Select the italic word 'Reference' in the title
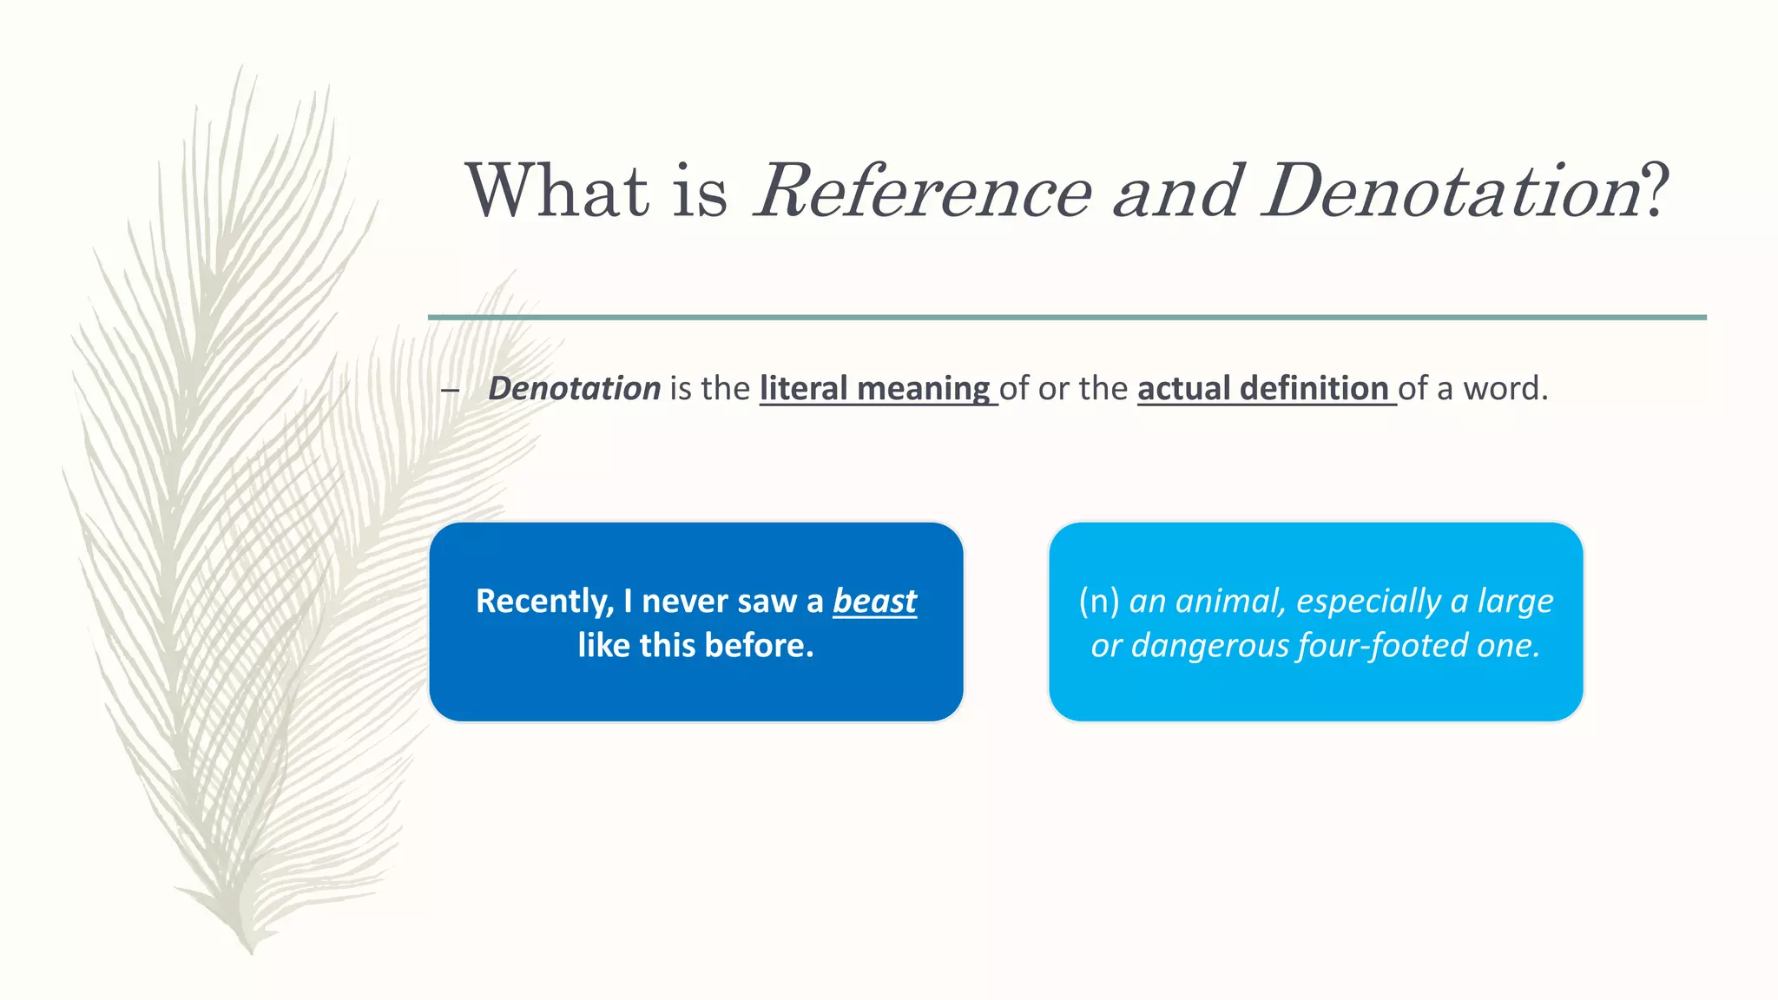(x=924, y=191)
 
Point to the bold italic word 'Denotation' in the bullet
(x=575, y=388)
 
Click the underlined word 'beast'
(x=874, y=601)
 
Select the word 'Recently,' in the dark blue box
(x=544, y=601)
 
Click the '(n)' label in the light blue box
(x=1099, y=601)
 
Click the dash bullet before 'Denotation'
(x=450, y=390)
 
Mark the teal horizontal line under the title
(x=1066, y=318)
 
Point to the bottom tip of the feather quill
(x=252, y=951)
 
